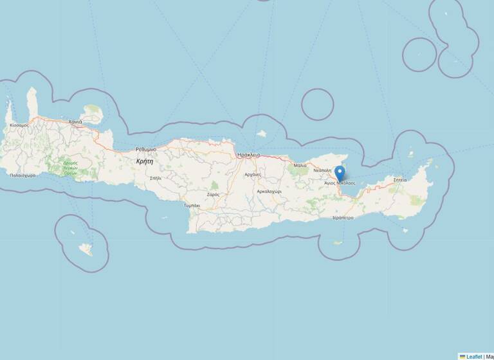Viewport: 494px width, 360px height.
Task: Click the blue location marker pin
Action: (x=340, y=172)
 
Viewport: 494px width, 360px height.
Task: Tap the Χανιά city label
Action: (x=75, y=121)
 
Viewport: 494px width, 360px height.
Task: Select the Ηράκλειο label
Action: (x=248, y=155)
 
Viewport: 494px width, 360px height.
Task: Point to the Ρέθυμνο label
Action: (x=145, y=149)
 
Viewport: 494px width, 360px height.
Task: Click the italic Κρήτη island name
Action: (x=145, y=162)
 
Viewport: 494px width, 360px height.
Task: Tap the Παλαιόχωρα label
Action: (x=23, y=175)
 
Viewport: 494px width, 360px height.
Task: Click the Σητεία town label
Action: (x=400, y=180)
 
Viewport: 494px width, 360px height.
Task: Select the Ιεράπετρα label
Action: (x=343, y=218)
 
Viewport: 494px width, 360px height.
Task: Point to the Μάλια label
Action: (x=300, y=165)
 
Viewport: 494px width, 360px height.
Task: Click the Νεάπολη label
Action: (x=322, y=170)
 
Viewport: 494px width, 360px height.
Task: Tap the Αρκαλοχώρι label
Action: (x=270, y=191)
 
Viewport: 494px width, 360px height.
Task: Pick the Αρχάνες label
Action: (x=253, y=174)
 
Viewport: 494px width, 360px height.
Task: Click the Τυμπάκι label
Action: (x=192, y=205)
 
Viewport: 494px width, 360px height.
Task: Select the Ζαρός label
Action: (x=213, y=194)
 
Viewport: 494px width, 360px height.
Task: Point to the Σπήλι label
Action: (x=155, y=177)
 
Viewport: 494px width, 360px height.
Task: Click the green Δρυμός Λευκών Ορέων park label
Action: (x=70, y=168)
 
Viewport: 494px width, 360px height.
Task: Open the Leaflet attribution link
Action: (x=473, y=356)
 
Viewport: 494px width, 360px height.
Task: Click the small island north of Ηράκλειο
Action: (x=261, y=134)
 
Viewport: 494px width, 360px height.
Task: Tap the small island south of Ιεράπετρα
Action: (x=336, y=242)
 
